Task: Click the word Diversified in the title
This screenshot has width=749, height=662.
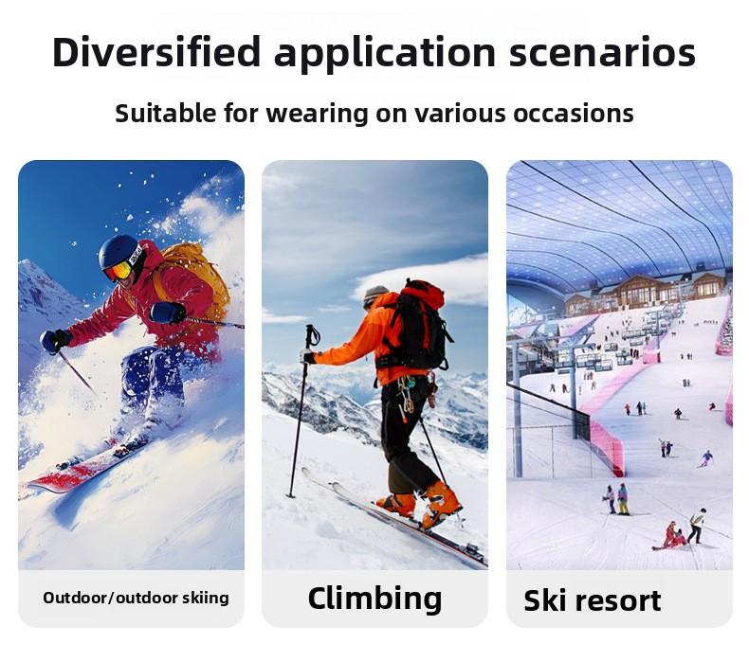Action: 155,53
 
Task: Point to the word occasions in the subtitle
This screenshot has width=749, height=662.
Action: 574,114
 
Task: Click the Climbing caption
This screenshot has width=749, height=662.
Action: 374,598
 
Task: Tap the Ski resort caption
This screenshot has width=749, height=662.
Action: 593,600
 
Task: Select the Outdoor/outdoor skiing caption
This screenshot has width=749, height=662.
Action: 136,598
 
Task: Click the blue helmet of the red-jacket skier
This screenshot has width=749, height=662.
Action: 119,251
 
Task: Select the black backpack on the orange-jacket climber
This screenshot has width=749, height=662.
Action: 420,327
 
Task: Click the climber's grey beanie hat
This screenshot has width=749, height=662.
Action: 375,294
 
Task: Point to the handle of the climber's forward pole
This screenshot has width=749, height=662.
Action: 312,337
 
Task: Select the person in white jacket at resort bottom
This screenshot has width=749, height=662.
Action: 697,524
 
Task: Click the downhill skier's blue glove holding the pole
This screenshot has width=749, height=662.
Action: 54,340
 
